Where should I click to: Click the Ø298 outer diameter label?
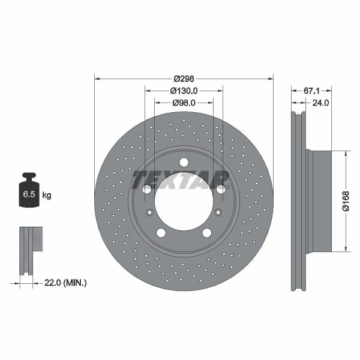184,79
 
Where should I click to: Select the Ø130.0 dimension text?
184,91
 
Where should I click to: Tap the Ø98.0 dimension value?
185,103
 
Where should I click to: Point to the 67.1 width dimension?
310,91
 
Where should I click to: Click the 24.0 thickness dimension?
321,103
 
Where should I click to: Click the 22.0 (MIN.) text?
66,282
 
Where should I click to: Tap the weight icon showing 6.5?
29,193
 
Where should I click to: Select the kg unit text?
46,196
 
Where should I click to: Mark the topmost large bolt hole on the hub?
184,162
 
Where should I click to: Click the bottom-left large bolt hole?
161,233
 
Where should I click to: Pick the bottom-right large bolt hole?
207,233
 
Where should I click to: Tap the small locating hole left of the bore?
149,211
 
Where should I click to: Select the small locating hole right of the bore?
218,211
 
